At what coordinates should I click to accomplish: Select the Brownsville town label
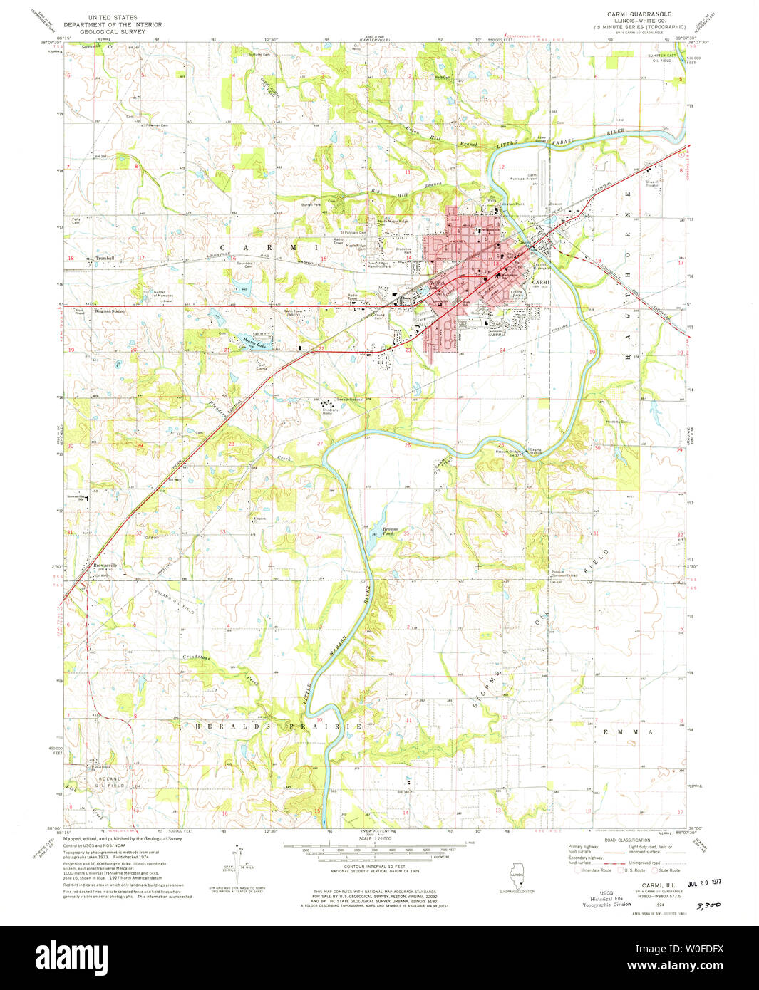coord(104,566)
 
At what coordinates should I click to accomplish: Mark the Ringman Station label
coord(108,311)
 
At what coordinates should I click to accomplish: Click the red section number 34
coord(318,537)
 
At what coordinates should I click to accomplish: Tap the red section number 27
coord(320,444)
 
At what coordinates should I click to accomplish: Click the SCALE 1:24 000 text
coord(376,839)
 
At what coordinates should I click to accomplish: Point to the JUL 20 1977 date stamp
coord(698,882)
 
